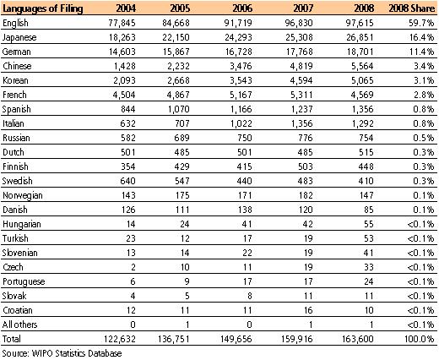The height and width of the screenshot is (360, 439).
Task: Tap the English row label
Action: tap(17, 23)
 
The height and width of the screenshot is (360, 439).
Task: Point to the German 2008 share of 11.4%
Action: tap(420, 53)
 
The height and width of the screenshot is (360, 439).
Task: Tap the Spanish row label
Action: tap(18, 114)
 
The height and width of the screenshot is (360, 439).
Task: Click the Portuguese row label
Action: tap(23, 297)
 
